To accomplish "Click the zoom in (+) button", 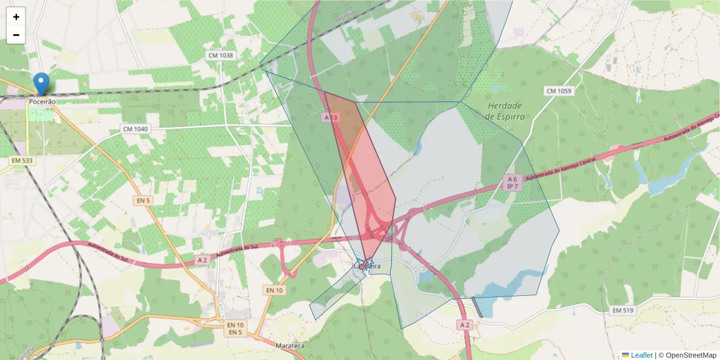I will [x=16, y=17].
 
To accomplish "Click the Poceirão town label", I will [x=42, y=102].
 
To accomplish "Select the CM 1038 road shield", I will [x=220, y=55].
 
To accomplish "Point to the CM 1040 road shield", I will [x=135, y=129].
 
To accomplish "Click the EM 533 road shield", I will [x=23, y=161].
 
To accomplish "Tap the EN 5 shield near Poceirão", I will [x=142, y=200].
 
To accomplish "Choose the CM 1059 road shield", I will [x=559, y=91].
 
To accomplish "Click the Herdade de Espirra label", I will [x=505, y=111].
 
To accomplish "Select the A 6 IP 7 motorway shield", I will [x=512, y=183].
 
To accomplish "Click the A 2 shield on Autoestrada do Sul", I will [x=203, y=260].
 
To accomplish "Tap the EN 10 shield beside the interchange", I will [x=274, y=290].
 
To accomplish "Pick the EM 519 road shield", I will [x=623, y=310].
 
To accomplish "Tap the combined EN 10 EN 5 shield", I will [x=235, y=328].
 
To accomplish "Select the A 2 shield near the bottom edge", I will [x=464, y=325].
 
